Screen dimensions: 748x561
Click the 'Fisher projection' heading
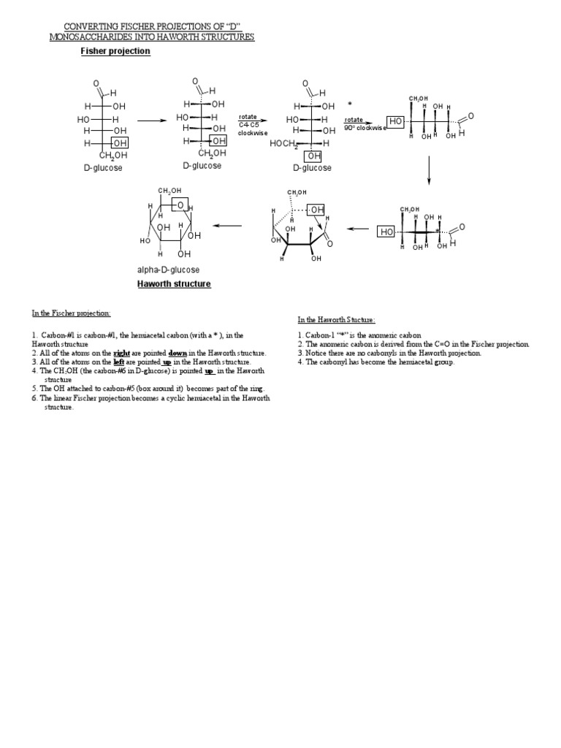115,51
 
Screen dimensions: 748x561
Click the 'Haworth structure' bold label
174,283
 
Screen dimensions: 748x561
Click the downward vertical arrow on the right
429,172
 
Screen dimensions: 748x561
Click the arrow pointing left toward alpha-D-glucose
227,226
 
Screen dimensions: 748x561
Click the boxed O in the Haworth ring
180,206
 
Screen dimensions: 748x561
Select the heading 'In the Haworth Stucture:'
337,320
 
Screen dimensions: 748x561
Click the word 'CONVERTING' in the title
85,27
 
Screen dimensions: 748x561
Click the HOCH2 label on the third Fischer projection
284,144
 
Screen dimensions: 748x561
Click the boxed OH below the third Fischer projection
313,156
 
